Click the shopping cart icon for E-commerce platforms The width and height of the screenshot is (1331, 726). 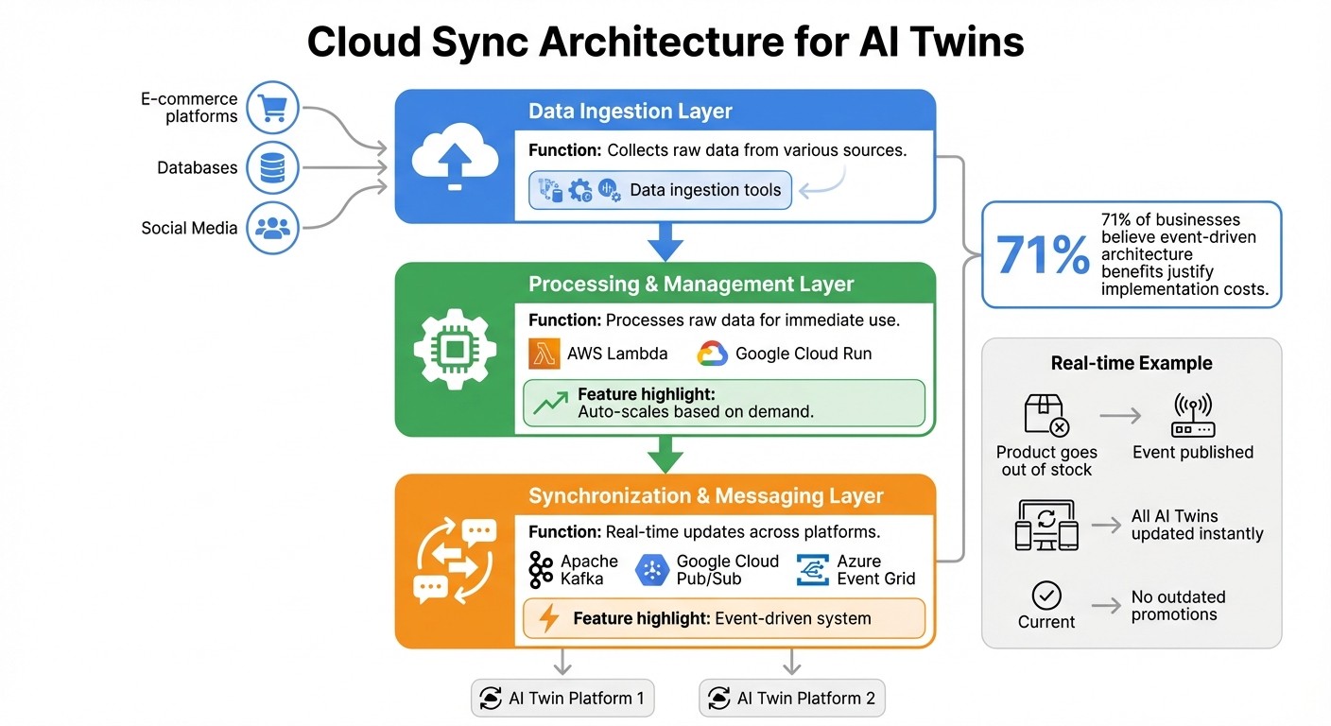pyautogui.click(x=272, y=108)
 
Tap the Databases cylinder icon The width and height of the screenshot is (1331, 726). pyautogui.click(x=272, y=168)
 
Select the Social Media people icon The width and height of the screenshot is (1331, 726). pyautogui.click(x=272, y=228)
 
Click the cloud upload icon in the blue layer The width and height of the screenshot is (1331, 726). pyautogui.click(x=455, y=157)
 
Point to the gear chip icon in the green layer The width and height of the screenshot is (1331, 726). pyautogui.click(x=455, y=349)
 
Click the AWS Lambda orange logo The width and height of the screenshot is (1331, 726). pyautogui.click(x=544, y=354)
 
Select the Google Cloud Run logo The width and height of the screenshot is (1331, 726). pyautogui.click(x=712, y=354)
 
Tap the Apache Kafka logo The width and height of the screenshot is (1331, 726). pyautogui.click(x=541, y=570)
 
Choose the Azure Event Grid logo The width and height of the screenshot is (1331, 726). pyautogui.click(x=813, y=570)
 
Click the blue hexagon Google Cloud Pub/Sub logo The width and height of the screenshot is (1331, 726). pyautogui.click(x=653, y=570)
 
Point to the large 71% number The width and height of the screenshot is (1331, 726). pyautogui.click(x=1043, y=254)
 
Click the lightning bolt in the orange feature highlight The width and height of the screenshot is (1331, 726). pyautogui.click(x=548, y=618)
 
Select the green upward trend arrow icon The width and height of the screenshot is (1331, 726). pyautogui.click(x=550, y=404)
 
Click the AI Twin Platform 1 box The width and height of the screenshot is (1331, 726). pyautogui.click(x=562, y=699)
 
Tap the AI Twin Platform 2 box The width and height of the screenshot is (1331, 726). pyautogui.click(x=792, y=699)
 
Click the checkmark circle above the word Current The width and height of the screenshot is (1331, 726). pyautogui.click(x=1046, y=596)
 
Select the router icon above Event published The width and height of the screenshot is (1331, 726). pyautogui.click(x=1193, y=415)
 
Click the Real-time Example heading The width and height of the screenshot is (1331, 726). pyautogui.click(x=1132, y=364)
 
